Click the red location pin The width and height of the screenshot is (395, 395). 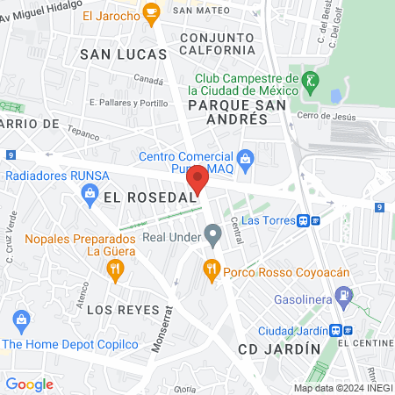click(x=197, y=178)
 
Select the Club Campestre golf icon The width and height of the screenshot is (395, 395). click(x=308, y=81)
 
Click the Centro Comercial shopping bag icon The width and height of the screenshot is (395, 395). click(x=246, y=158)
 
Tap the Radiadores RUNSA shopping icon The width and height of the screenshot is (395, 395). click(x=88, y=200)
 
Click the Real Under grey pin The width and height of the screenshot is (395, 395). click(x=212, y=234)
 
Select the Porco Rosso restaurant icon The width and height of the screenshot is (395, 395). click(x=211, y=269)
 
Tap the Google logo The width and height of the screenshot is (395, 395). click(x=30, y=384)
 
